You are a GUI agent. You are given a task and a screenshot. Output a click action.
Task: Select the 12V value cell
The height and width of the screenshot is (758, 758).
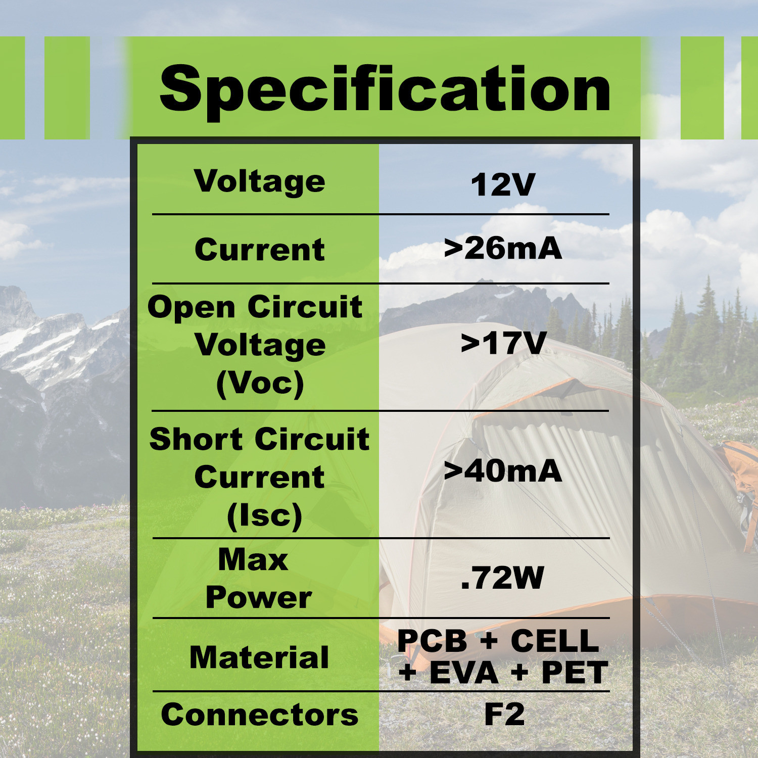[x=503, y=184]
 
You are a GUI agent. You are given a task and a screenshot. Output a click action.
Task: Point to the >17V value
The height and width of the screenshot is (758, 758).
[x=504, y=343]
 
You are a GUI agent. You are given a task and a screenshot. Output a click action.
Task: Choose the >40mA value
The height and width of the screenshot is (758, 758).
[x=503, y=471]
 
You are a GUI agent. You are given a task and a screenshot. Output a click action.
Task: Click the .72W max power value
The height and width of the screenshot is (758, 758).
[x=502, y=578]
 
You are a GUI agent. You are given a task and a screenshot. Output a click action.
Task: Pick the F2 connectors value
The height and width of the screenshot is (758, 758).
[x=504, y=714]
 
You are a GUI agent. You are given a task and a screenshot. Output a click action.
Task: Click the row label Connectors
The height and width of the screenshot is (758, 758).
[x=260, y=715]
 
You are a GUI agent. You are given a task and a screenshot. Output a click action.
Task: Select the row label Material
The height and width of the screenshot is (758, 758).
[x=259, y=657]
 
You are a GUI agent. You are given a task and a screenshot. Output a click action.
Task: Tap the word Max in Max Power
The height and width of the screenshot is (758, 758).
[x=253, y=559]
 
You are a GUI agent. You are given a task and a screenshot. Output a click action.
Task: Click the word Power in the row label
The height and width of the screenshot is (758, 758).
[x=259, y=598]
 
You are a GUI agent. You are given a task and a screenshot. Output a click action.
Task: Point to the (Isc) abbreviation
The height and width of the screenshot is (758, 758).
[x=264, y=516]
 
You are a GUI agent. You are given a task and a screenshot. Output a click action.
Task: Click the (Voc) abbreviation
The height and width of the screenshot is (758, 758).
[x=260, y=384]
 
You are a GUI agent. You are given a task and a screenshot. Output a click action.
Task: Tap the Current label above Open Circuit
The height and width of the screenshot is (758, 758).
[x=260, y=250]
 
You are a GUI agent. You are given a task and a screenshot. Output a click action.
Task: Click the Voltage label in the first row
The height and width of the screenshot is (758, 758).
[x=260, y=181]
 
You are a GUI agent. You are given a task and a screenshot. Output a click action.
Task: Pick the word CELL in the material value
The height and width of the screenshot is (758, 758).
[x=555, y=641]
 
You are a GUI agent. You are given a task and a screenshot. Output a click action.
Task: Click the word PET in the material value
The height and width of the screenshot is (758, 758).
[x=575, y=673]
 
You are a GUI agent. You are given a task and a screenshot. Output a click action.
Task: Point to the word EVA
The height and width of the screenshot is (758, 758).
[x=464, y=673]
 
